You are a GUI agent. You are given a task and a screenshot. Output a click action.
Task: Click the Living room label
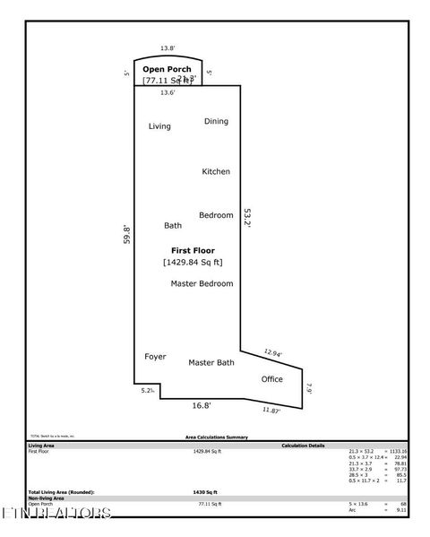(x=159, y=126)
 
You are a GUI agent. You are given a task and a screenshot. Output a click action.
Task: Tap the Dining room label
(x=216, y=121)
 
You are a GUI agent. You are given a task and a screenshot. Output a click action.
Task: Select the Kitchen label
(x=216, y=171)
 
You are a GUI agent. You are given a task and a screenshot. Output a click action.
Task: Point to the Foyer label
(x=155, y=357)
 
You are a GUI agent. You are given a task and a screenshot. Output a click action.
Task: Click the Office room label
(x=271, y=379)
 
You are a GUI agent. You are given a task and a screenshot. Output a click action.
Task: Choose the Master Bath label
(x=211, y=362)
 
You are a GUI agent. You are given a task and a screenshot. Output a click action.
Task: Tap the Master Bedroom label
(x=202, y=283)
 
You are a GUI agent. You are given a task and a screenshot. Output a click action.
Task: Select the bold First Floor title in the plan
(x=193, y=250)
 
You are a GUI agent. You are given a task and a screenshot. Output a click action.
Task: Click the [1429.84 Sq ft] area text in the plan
(x=193, y=262)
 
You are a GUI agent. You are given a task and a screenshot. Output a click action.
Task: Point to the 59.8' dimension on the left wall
(x=127, y=234)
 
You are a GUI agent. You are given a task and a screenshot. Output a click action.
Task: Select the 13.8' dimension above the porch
(x=167, y=48)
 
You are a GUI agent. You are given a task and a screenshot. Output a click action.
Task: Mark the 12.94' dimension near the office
(x=273, y=353)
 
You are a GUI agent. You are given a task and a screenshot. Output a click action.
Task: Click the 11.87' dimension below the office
(x=272, y=410)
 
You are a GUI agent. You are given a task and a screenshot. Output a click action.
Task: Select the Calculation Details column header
(x=303, y=445)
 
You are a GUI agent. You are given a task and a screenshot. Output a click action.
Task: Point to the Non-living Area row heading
(x=46, y=498)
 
